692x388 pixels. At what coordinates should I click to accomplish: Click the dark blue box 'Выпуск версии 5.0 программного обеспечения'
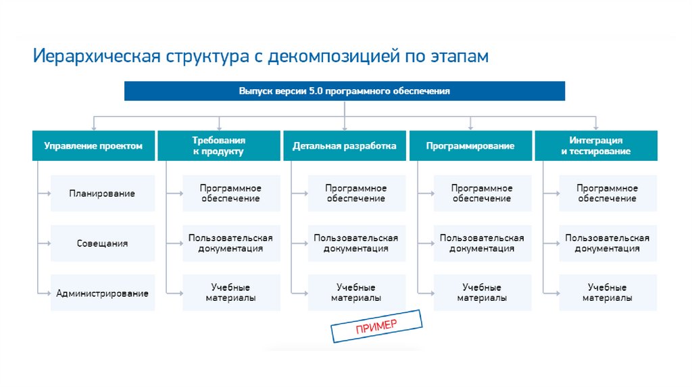344,91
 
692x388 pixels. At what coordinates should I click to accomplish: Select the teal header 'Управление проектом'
93,145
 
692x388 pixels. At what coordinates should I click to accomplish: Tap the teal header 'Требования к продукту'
219,145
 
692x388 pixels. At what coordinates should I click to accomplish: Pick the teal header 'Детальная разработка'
344,145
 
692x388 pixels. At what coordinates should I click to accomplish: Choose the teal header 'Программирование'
470,145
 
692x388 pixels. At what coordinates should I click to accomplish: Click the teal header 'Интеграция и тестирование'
596,145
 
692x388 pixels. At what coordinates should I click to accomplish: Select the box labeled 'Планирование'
103,193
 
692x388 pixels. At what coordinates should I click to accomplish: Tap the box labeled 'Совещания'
103,243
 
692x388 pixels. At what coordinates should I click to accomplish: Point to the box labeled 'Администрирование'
103,293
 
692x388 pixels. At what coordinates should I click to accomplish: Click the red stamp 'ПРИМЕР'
376,326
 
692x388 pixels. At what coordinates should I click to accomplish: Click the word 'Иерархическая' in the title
97,57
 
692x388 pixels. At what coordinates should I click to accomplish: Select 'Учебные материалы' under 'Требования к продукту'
231,293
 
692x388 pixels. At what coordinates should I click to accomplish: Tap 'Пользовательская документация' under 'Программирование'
483,243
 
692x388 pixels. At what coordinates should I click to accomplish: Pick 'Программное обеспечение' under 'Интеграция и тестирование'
608,193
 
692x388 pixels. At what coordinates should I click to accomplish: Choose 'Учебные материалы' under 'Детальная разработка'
356,293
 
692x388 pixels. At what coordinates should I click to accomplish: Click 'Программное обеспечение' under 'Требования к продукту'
231,193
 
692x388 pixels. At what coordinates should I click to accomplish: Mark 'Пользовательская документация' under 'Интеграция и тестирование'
608,243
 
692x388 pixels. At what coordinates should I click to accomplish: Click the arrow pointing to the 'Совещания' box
44,243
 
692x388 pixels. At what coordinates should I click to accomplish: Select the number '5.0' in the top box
316,91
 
